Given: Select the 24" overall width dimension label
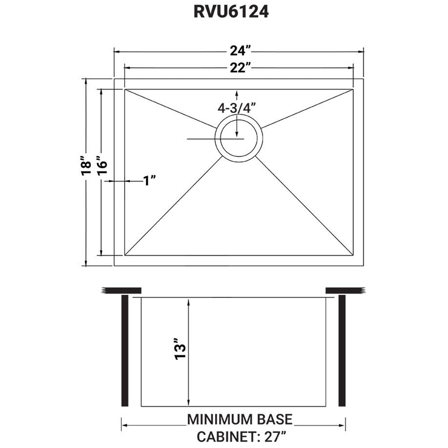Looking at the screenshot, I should (237, 50).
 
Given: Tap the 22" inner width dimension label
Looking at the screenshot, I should (237, 68).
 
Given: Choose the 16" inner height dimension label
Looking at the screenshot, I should (102, 167).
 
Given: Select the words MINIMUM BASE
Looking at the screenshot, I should (240, 419).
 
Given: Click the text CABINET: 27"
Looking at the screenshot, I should (240, 435).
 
